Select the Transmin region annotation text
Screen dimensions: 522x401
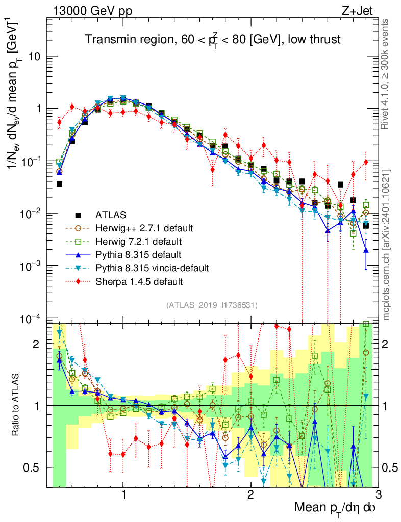(x=213, y=40)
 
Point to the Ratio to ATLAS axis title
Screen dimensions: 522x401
(x=17, y=405)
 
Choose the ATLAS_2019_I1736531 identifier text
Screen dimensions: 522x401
(x=212, y=305)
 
